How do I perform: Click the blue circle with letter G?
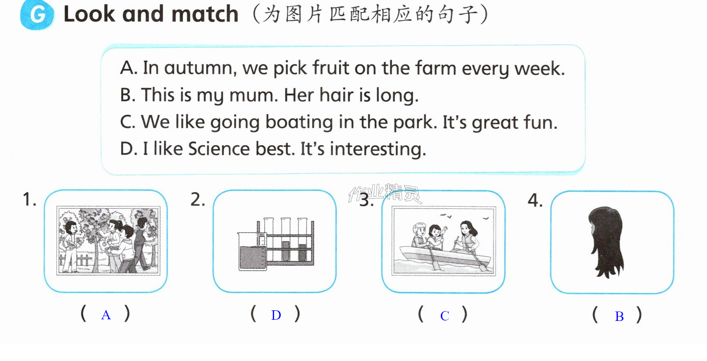(x=37, y=15)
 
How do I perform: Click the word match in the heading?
(x=205, y=14)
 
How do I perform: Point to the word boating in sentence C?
(x=299, y=122)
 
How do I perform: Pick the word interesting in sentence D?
(x=378, y=149)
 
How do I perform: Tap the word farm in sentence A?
(x=435, y=68)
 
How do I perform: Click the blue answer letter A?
(x=106, y=315)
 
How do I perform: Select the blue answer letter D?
(x=276, y=315)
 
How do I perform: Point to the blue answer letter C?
(x=445, y=316)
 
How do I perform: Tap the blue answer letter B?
(x=619, y=316)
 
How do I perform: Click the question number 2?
(x=198, y=200)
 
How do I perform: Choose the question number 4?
(x=535, y=200)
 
